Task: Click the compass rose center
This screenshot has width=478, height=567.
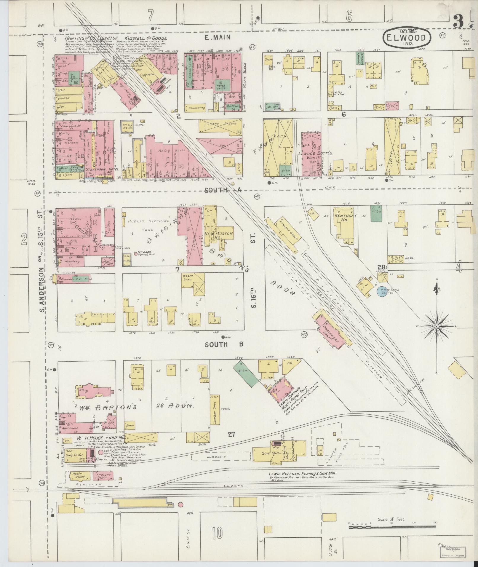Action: (x=436, y=326)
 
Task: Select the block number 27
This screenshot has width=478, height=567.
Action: (x=231, y=435)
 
